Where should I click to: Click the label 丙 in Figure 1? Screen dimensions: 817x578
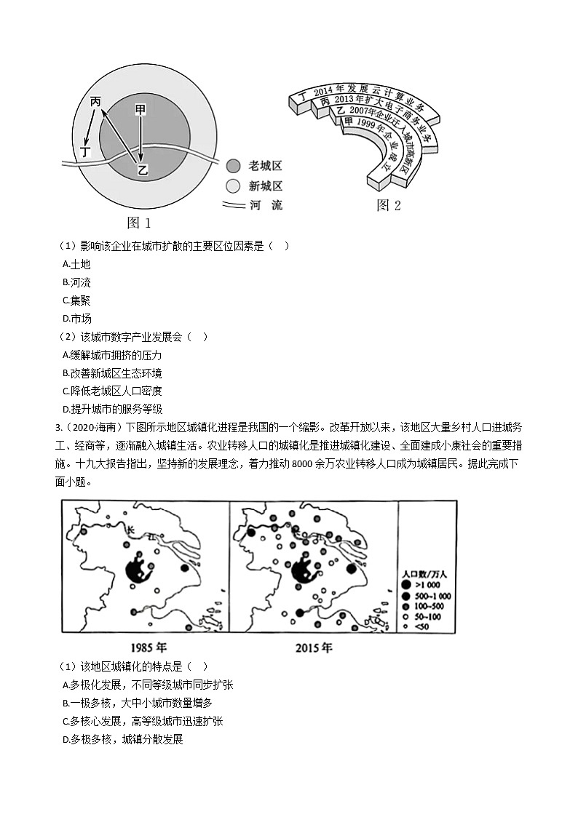pos(95,103)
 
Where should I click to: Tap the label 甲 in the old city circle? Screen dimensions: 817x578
pos(140,109)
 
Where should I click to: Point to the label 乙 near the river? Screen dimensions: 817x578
pos(143,170)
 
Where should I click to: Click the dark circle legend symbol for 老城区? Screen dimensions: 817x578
pos(232,166)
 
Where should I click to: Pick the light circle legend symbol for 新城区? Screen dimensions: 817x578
pos(232,186)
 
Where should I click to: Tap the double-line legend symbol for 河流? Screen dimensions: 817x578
pos(232,205)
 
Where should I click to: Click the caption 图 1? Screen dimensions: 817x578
pos(138,223)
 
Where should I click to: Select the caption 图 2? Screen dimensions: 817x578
pos(388,206)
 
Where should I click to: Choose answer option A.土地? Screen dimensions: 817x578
pos(76,264)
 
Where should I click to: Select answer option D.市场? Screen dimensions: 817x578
pos(76,319)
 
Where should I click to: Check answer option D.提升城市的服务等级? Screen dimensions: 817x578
pos(112,409)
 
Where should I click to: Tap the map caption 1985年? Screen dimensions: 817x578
pos(149,647)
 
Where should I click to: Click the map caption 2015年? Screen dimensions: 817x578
pos(314,647)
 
